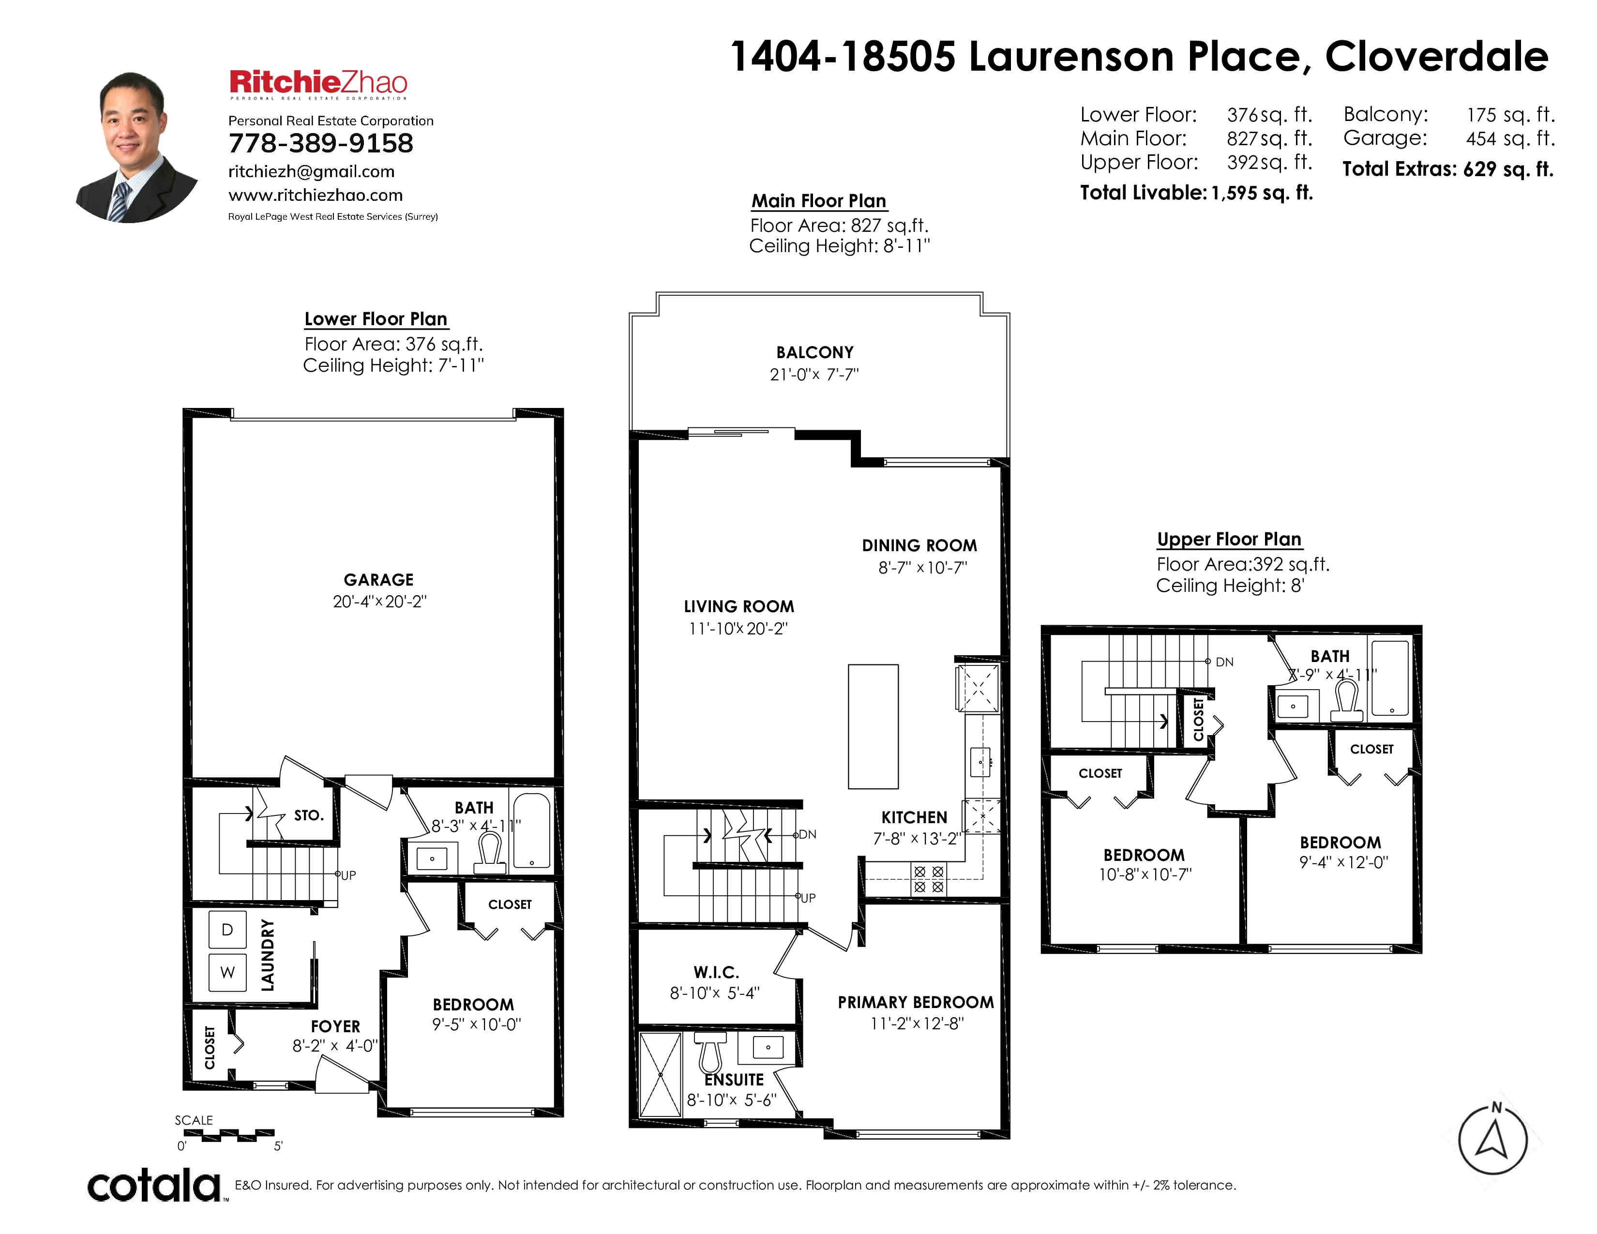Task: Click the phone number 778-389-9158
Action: click(x=321, y=143)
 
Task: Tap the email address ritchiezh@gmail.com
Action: click(x=312, y=172)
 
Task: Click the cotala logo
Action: click(x=154, y=1185)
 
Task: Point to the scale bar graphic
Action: click(x=228, y=1135)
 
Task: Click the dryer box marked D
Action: click(x=227, y=930)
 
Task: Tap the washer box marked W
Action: click(x=227, y=972)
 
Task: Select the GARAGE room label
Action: click(x=379, y=580)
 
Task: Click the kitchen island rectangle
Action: click(x=873, y=727)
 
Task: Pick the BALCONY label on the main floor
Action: click(x=814, y=352)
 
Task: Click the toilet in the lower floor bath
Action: click(x=490, y=854)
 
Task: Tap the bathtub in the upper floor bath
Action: click(x=1390, y=677)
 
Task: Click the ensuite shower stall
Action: click(x=660, y=1075)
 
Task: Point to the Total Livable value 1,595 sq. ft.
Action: click(x=1262, y=193)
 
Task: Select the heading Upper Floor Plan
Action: click(x=1229, y=540)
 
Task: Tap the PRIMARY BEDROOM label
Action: click(x=916, y=1002)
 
